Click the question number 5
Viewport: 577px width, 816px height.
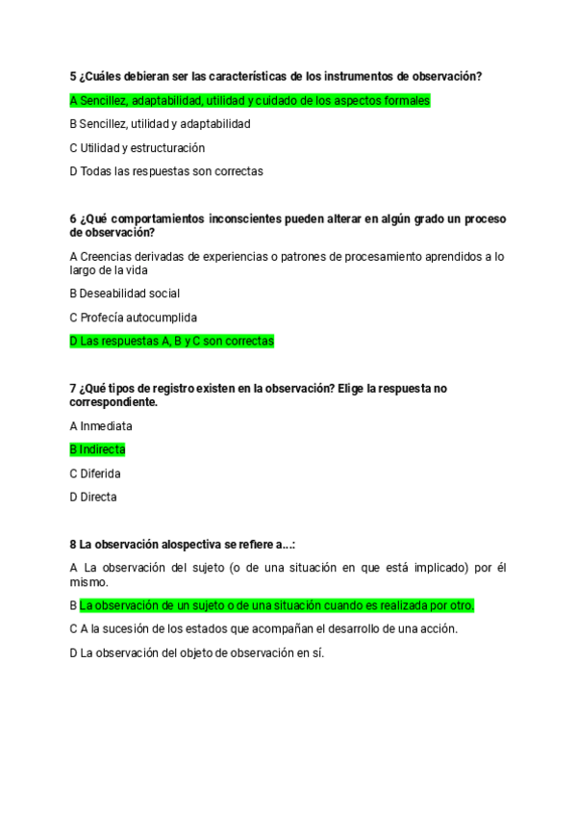[73, 76]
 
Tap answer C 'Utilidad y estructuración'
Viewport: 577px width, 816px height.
[138, 148]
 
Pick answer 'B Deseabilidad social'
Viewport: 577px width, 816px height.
[125, 293]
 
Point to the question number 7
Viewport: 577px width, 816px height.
[73, 389]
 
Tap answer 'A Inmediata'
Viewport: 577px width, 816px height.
[101, 425]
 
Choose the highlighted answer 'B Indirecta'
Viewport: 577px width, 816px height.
[97, 449]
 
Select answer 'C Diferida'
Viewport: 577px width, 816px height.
[95, 473]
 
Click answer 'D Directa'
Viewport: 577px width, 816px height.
[93, 497]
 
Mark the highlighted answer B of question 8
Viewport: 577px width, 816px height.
[277, 605]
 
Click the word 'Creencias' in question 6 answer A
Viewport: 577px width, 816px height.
[107, 256]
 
